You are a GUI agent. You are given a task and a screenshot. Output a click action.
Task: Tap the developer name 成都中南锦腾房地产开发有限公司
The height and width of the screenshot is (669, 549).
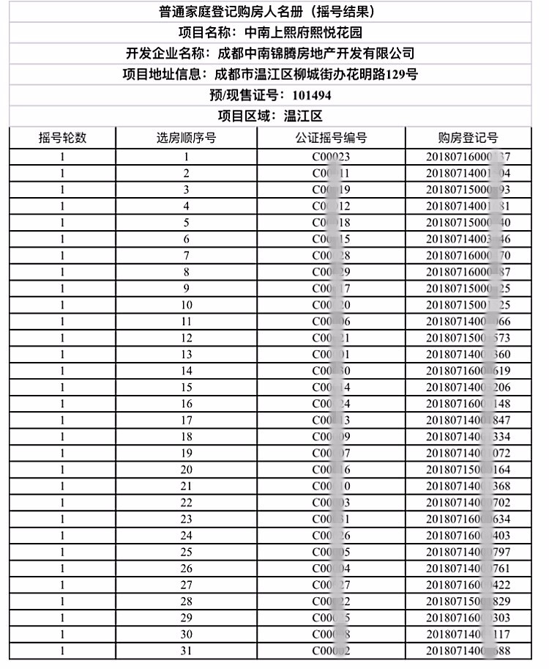pos(312,53)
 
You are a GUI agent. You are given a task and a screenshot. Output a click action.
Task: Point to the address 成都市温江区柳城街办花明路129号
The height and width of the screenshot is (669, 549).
pos(315,75)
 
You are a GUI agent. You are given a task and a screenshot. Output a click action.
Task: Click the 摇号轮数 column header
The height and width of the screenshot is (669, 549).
pos(63,138)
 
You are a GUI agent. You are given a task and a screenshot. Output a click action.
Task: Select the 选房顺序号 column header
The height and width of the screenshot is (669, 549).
pos(186,138)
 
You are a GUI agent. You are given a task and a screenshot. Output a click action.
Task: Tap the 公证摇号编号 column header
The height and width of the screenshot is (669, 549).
pos(332,138)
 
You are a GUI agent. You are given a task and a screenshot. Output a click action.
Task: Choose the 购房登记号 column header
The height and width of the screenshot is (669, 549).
pos(468,138)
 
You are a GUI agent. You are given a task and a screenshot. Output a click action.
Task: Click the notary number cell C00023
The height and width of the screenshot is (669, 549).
pos(332,157)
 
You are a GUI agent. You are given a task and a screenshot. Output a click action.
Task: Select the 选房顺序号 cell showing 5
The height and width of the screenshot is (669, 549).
pos(186,223)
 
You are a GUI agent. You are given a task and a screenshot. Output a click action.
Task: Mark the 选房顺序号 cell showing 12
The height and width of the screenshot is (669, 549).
pos(186,338)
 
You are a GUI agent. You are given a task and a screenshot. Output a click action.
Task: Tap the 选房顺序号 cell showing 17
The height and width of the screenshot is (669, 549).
pos(186,420)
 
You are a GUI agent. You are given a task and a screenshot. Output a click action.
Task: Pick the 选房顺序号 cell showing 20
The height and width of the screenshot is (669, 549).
pos(186,470)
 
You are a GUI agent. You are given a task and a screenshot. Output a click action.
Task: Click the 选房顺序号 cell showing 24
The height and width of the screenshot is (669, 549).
pos(186,536)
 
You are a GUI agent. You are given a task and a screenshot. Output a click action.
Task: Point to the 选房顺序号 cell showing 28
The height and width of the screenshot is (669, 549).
pos(186,602)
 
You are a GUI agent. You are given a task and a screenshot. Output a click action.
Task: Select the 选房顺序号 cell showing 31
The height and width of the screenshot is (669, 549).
pos(186,651)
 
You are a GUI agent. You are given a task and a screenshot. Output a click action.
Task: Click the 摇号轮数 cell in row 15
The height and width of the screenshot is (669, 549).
pos(63,387)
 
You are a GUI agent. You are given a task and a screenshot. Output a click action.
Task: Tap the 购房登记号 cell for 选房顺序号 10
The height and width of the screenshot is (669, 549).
pos(468,305)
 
